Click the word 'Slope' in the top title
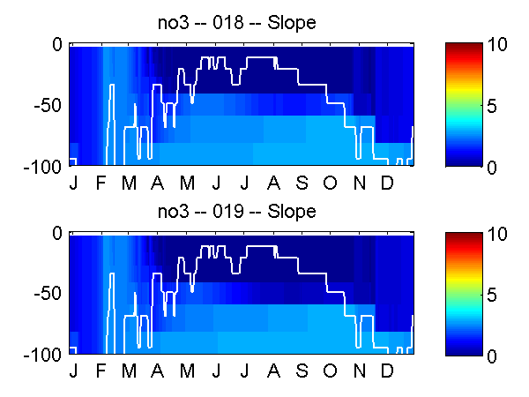tap(297, 23)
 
